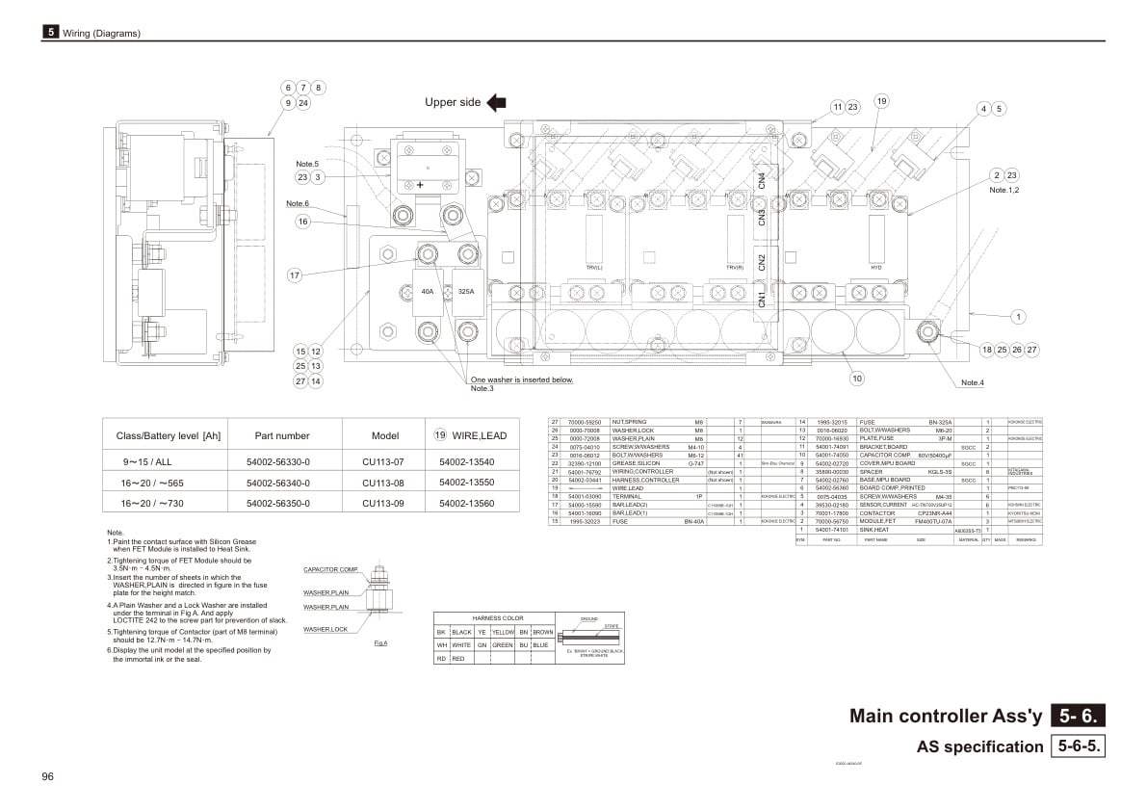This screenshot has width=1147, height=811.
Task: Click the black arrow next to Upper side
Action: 496,102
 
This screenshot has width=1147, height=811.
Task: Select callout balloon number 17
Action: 295,275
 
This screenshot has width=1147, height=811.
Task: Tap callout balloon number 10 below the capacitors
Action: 856,379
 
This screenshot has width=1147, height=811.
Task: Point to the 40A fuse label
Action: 428,290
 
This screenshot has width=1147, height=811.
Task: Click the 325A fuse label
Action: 467,290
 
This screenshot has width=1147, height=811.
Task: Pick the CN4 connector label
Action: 762,179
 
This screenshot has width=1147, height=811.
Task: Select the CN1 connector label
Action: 762,299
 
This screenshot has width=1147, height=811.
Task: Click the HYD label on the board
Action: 875,268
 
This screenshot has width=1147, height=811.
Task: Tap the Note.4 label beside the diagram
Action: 972,383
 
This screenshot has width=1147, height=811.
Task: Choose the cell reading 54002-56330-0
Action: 278,461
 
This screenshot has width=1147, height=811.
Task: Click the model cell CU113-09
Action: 382,503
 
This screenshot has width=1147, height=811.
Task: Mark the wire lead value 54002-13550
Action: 466,482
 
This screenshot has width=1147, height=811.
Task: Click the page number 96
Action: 47,776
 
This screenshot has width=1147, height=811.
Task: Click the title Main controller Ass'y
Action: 946,716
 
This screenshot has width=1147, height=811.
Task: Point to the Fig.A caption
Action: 380,642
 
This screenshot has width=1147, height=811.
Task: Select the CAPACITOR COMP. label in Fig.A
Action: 330,569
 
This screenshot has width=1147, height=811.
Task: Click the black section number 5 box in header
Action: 50,32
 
